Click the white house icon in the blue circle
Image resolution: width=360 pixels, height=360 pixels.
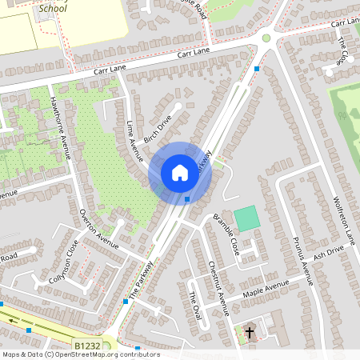pyautogui.click(x=179, y=172)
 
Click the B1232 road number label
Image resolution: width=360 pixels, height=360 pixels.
pyautogui.click(x=88, y=346)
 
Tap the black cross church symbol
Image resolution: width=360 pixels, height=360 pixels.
pyautogui.click(x=249, y=331)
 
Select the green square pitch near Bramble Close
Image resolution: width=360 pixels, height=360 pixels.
pyautogui.click(x=247, y=217)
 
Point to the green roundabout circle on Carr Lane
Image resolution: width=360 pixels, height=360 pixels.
pyautogui.click(x=266, y=38)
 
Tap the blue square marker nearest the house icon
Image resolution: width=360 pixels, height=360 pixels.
pyautogui.click(x=186, y=199)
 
